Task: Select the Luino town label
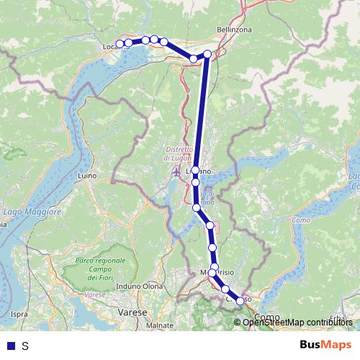[x=87, y=175]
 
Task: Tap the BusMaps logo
[x=325, y=345]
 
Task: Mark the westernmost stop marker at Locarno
[x=120, y=45]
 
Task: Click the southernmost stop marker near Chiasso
[x=240, y=302]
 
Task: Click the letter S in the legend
[x=25, y=346]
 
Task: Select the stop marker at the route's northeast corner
[x=207, y=54]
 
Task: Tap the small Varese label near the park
[x=91, y=294]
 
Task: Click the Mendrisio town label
[x=217, y=272]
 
